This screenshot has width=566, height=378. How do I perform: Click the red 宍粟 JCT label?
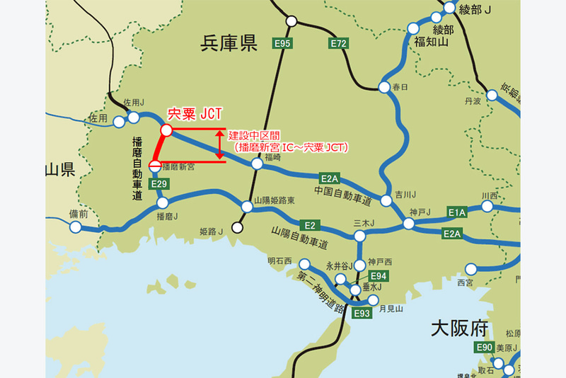pyautogui.click(x=193, y=113)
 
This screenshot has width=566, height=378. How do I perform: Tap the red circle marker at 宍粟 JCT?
pyautogui.click(x=166, y=130)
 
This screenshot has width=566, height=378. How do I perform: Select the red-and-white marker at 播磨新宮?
pyautogui.click(x=154, y=168)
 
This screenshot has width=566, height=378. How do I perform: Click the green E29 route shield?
pyautogui.click(x=159, y=184)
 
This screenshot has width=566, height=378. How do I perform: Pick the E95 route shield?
pyautogui.click(x=283, y=44)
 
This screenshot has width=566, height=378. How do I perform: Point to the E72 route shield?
pyautogui.click(x=339, y=44)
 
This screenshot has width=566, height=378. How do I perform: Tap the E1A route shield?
pyautogui.click(x=456, y=212)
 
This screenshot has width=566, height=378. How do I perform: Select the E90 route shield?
pyautogui.click(x=484, y=347)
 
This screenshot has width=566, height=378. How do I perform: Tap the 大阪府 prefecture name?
pyautogui.click(x=461, y=328)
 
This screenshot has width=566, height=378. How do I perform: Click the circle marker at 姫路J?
pyautogui.click(x=237, y=228)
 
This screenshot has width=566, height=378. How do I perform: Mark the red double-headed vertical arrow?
pyautogui.click(x=221, y=144)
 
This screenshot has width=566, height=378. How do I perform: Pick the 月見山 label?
pyautogui.click(x=390, y=308)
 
